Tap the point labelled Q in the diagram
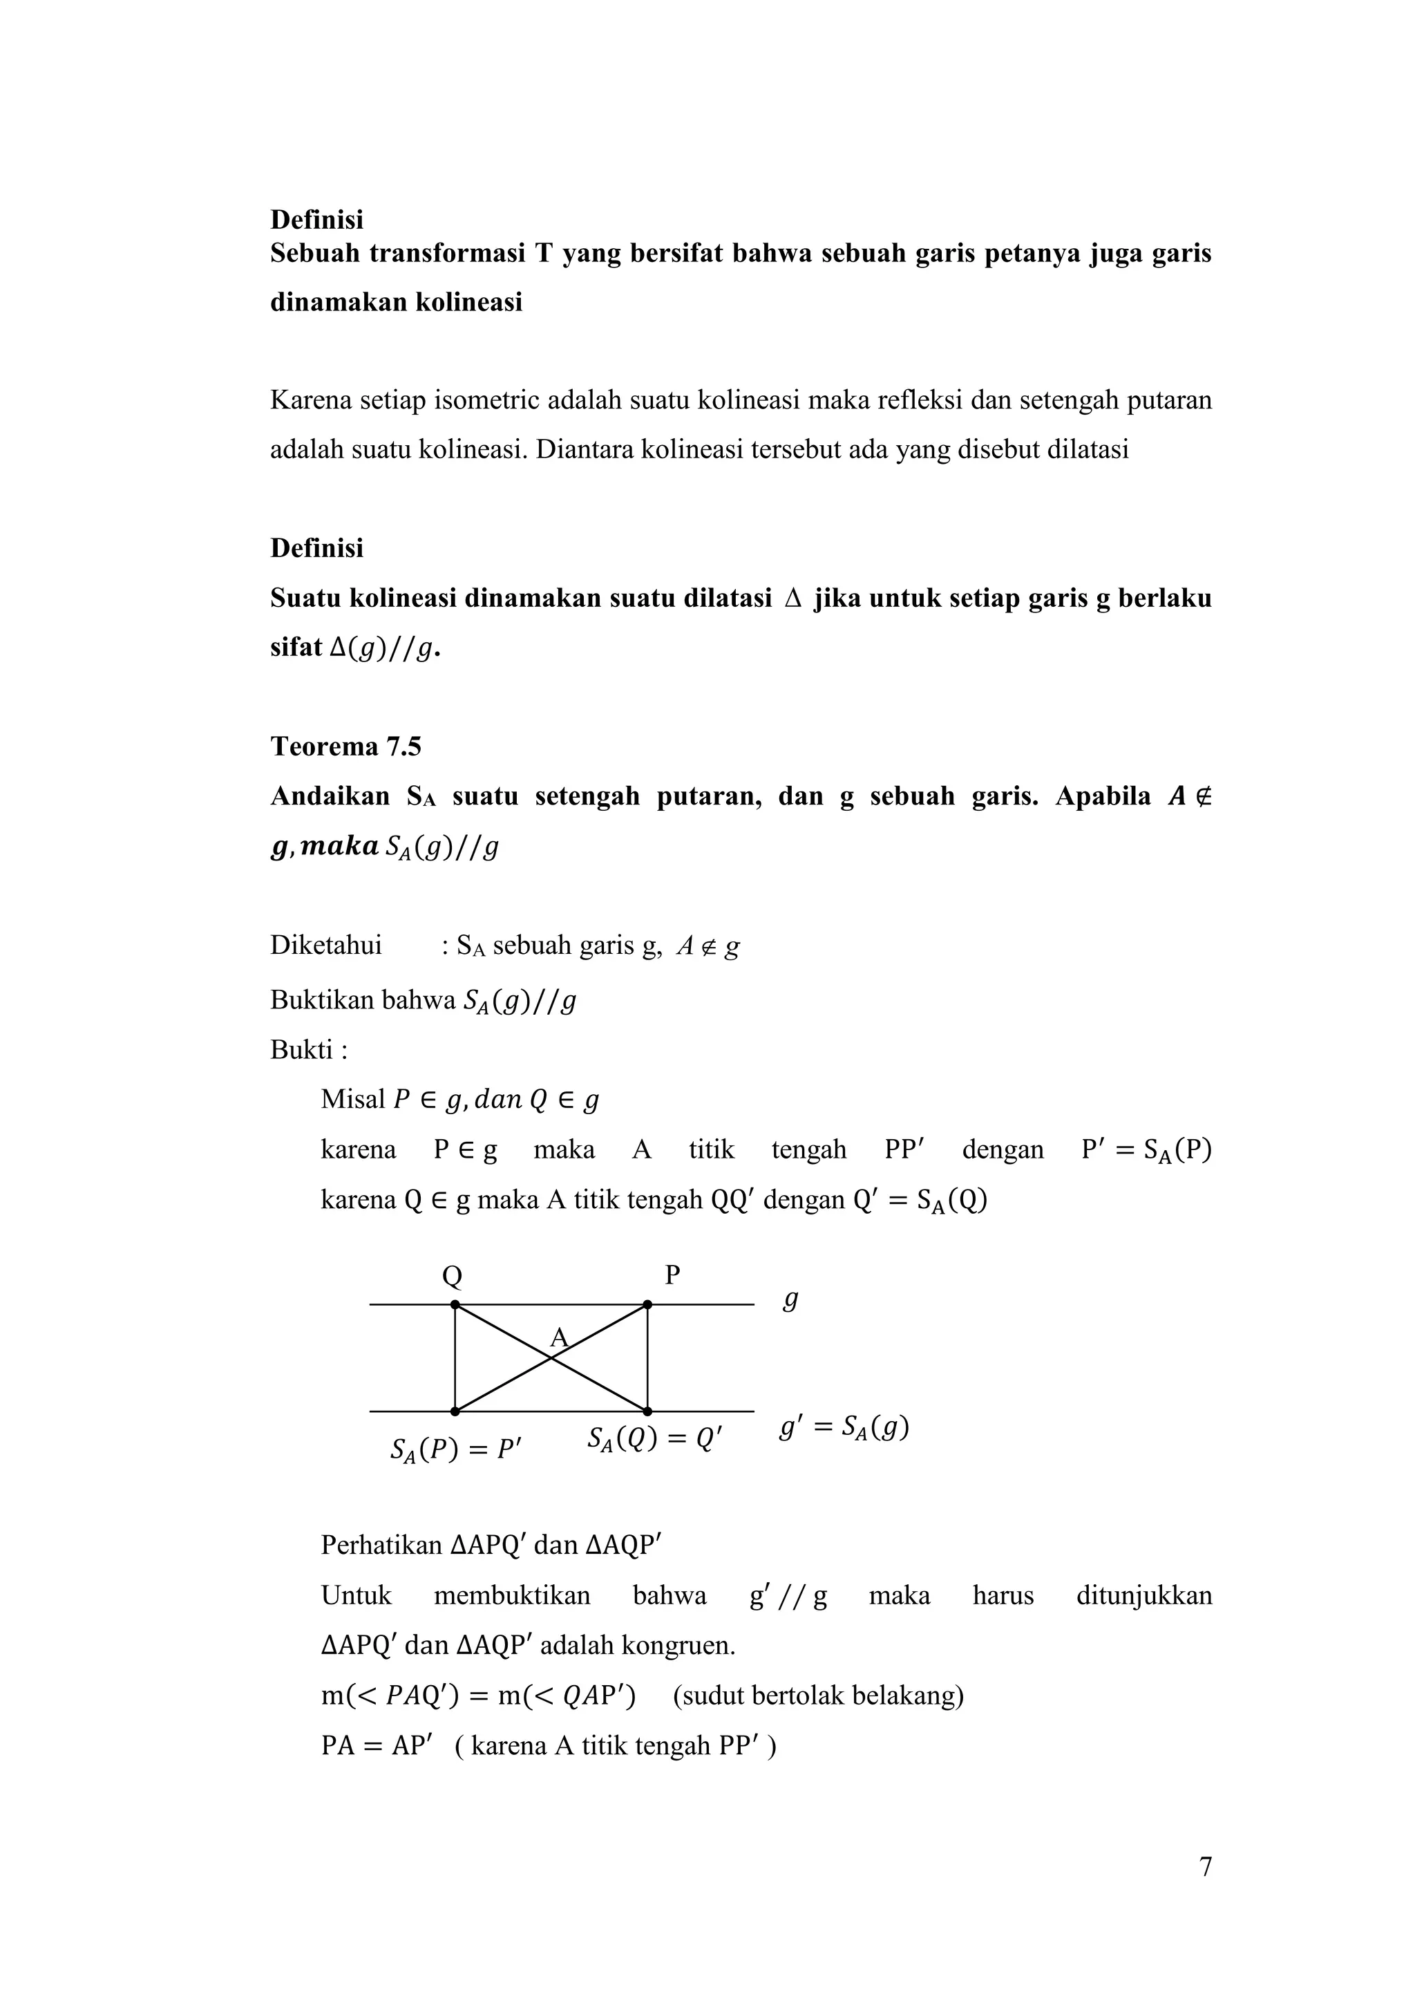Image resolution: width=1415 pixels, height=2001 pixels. pos(455,1305)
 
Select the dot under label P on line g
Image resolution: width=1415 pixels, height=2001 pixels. pos(647,1305)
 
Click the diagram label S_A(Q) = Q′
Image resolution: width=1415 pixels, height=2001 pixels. pos(654,1438)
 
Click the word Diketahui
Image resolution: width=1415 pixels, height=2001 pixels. pos(326,946)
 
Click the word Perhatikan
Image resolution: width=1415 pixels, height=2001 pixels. pos(381,1546)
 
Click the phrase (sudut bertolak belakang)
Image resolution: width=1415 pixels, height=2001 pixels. pos(818,1695)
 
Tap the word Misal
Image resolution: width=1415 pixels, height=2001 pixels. pos(353,1099)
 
